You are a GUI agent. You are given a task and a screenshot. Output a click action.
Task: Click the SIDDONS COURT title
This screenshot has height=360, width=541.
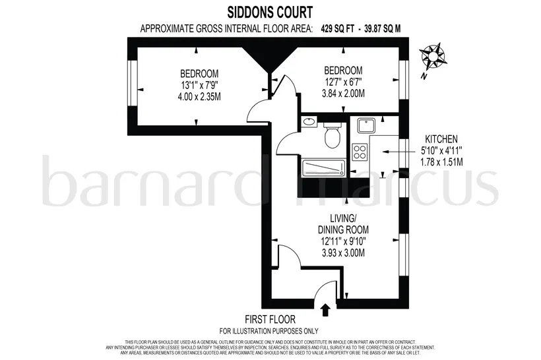[x=270, y=13]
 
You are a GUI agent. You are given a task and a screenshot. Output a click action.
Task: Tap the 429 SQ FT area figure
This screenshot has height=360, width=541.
[x=337, y=28]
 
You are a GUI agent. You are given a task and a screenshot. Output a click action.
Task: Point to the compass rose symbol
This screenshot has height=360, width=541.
[x=432, y=55]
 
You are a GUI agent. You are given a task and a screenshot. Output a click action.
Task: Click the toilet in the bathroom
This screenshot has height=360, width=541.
[x=333, y=135]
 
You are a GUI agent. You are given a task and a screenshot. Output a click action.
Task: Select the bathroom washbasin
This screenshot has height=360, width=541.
[x=309, y=122]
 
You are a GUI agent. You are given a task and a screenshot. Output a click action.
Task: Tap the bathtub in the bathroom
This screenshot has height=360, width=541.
[x=324, y=168]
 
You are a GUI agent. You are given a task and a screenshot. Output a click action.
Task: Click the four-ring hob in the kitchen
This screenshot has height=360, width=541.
[x=360, y=152]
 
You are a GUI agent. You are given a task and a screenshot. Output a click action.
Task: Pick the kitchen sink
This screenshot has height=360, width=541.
[x=366, y=125]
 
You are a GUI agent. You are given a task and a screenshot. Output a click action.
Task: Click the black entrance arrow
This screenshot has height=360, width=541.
[x=325, y=310]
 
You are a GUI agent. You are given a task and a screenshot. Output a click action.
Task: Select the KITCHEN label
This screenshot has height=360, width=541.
[x=441, y=139]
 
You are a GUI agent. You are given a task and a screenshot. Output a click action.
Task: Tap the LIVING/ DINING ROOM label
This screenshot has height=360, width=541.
[x=343, y=224]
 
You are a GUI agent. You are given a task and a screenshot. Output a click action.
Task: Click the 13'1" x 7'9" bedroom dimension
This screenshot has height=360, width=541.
[x=199, y=85]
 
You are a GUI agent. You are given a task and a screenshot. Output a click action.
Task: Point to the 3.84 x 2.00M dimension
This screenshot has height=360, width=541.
[x=343, y=94]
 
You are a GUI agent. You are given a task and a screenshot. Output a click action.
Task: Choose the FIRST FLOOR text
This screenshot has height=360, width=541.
[x=270, y=319]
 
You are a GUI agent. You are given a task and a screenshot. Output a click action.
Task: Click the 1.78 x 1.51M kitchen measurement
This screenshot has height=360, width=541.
[x=441, y=162]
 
